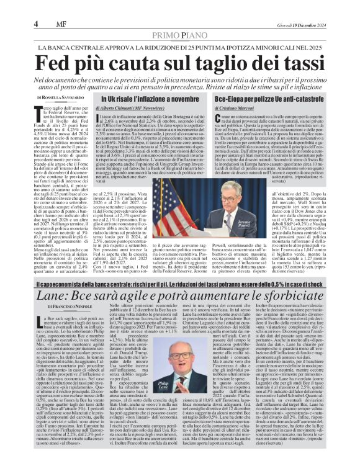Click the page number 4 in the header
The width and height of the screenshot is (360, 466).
[37, 24]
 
